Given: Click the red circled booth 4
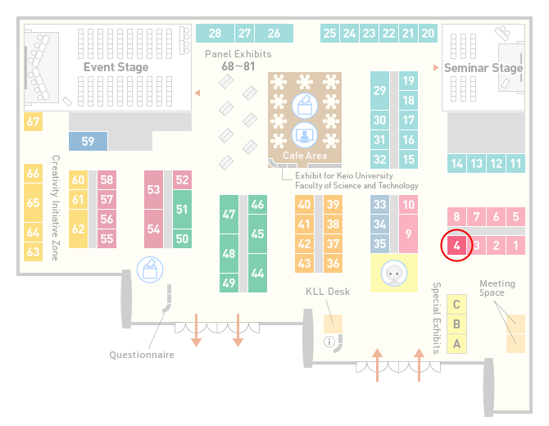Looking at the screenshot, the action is coord(456,245).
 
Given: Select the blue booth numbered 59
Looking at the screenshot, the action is coord(88,141).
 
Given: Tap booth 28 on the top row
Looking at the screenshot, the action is coord(215,34).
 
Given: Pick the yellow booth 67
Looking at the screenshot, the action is coord(33,121).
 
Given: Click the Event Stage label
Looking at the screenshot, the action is coord(116,67).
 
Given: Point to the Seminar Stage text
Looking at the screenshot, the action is coord(483,67).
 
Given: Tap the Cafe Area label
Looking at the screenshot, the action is coord(305,156).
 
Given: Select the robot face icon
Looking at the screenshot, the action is coord(394,274).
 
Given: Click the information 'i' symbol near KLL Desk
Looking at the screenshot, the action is coord(329,342).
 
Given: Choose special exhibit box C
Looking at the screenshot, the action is coord(456,304).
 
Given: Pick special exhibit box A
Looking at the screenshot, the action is coord(456,344).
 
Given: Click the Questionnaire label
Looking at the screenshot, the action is coord(142,355).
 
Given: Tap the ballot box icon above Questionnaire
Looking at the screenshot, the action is coord(150,270).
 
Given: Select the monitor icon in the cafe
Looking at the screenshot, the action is coord(305,135).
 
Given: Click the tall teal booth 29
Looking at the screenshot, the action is coord(379,91).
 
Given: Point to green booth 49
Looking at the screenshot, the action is coord(229,283).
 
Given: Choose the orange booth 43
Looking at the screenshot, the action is coord(304,263).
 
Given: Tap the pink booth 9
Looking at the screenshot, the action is coord(408,233).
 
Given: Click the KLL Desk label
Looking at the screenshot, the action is coord(328,292).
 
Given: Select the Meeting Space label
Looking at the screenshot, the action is coord(497,288).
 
